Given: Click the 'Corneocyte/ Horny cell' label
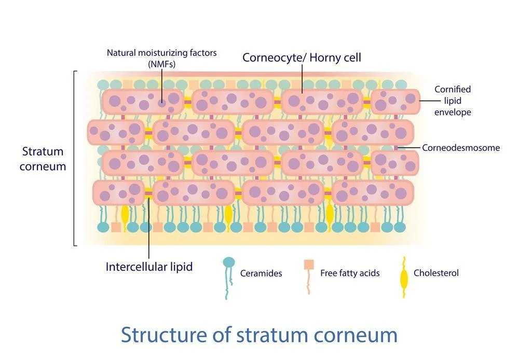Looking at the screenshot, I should (x=302, y=57).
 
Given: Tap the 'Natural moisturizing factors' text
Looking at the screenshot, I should (x=161, y=52).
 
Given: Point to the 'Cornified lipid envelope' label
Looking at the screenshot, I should (x=453, y=101).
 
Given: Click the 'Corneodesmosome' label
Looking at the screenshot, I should (x=461, y=148).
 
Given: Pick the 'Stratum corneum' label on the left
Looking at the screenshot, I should (x=43, y=159).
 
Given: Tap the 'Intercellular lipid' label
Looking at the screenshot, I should (x=149, y=267).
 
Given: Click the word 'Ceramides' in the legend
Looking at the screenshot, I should (x=261, y=273).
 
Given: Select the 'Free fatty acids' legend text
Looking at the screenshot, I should (x=350, y=273).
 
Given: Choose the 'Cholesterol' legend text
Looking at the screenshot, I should (x=436, y=273).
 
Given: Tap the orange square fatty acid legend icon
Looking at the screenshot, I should (x=308, y=265).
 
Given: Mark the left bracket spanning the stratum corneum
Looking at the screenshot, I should (x=75, y=158).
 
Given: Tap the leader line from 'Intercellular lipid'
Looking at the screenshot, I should (x=149, y=228).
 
